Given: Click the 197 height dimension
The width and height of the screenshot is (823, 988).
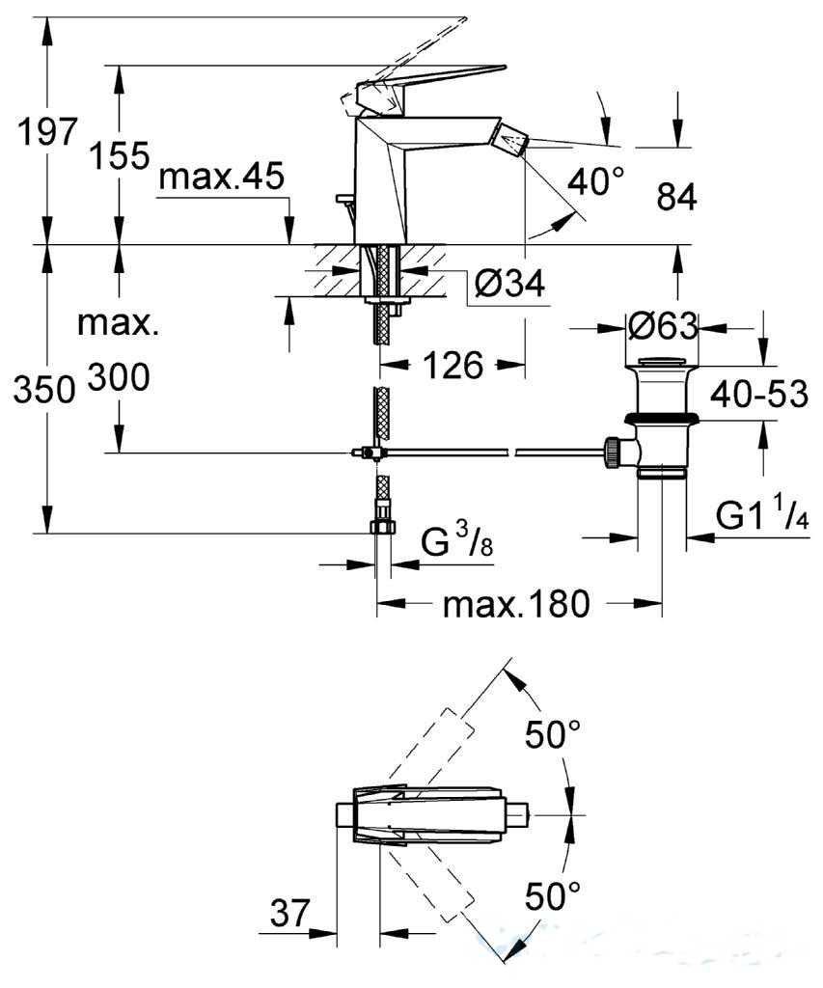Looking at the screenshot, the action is [x=46, y=131].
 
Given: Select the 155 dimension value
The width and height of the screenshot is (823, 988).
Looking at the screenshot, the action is [x=119, y=155].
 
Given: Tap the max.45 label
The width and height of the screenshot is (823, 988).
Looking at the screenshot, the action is [x=221, y=178].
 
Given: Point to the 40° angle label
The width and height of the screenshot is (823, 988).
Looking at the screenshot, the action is [x=595, y=181].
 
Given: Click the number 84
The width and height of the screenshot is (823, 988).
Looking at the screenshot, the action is [x=676, y=197].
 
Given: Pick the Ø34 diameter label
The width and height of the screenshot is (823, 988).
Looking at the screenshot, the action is [x=509, y=285].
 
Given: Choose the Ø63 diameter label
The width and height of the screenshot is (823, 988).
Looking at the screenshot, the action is [x=663, y=326].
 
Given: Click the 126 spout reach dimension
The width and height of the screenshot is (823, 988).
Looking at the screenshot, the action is [x=453, y=365].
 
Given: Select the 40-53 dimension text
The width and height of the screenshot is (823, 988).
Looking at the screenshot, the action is [x=758, y=395].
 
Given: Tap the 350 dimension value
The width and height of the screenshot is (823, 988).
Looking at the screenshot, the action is [x=44, y=391].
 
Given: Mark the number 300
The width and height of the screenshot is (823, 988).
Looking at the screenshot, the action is [x=119, y=378].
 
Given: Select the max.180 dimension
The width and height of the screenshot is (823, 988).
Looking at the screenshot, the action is [x=517, y=604].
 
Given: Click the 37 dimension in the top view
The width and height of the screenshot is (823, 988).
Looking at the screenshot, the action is [x=290, y=913].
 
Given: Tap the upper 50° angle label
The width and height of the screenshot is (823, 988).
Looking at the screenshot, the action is [x=553, y=733].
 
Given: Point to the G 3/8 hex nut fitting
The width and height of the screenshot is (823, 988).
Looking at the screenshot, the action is [x=382, y=526].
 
